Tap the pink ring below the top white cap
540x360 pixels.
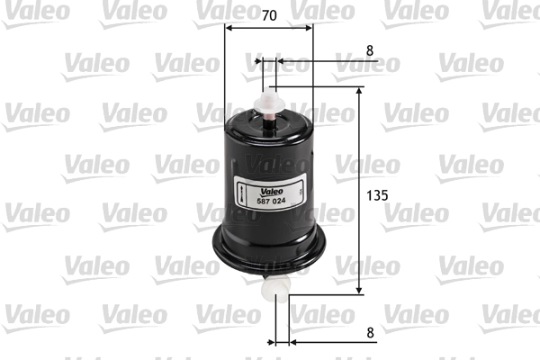270,111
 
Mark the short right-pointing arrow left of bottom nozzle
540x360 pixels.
270,342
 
